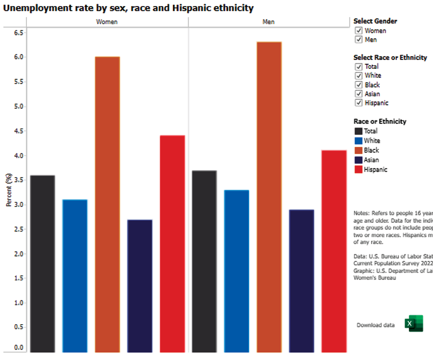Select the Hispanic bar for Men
pos(334,251)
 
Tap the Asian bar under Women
pos(140,286)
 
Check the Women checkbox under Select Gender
pos(359,31)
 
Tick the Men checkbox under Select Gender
pos(359,40)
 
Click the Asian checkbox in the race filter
pos(359,94)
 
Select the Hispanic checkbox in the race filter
pos(359,103)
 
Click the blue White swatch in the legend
pos(358,141)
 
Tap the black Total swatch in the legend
pos(358,131)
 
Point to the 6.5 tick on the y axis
pos(19,33)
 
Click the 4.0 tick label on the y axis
pos(19,155)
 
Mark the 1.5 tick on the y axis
pos(19,278)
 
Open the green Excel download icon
pos(413,324)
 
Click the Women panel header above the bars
pos(107,22)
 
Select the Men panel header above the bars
pos(269,22)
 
